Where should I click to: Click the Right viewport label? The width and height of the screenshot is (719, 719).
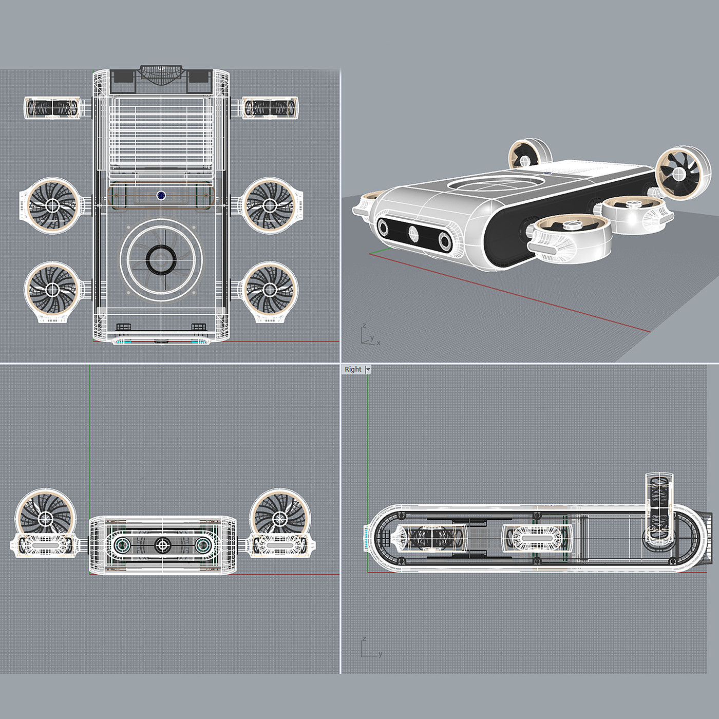click(353, 369)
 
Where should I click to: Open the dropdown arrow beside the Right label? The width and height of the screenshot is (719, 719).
click(368, 369)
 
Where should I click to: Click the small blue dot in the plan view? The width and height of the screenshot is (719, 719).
click(161, 195)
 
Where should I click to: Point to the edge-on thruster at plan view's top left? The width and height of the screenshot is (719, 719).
click(52, 108)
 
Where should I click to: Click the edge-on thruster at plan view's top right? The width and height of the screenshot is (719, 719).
click(270, 108)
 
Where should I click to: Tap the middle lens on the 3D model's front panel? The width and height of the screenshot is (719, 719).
click(413, 234)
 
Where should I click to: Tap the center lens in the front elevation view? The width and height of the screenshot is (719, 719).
click(163, 544)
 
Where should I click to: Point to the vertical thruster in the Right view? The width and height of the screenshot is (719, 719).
click(659, 508)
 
